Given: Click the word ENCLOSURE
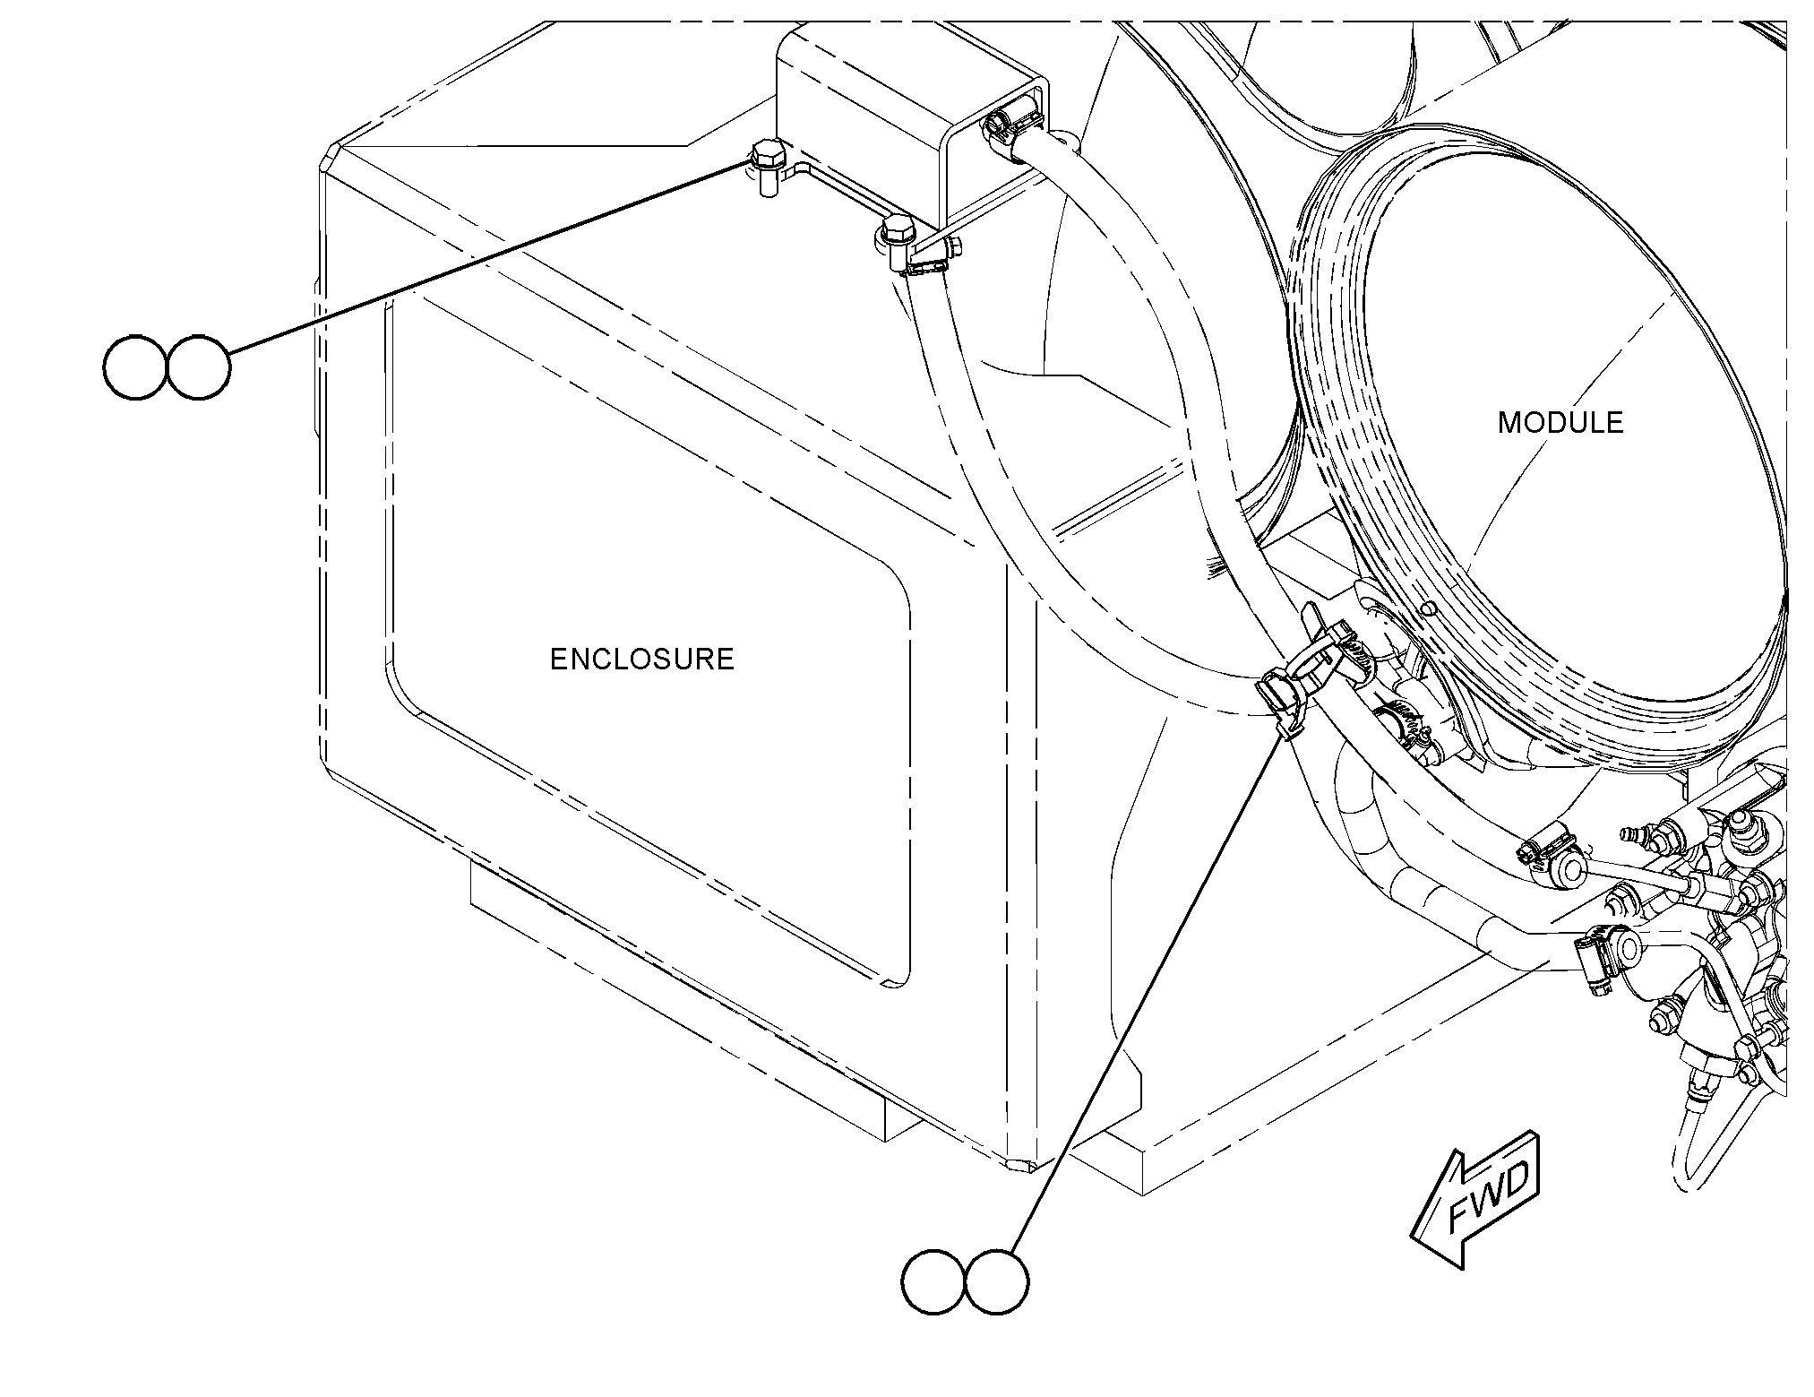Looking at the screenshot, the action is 641,660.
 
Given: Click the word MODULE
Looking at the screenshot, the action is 1560,423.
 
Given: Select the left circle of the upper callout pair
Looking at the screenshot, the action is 135,367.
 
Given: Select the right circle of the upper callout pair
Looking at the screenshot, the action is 198,367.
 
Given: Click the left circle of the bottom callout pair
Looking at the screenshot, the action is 933,1283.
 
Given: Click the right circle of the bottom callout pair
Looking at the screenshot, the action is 997,1283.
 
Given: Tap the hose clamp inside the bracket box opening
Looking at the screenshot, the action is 1010,130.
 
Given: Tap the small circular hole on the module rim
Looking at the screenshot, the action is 1428,609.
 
